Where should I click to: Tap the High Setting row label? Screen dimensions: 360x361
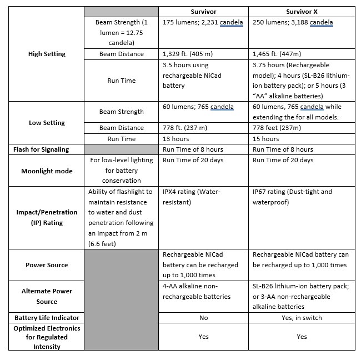click(x=47, y=54)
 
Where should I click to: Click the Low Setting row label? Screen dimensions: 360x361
click(x=47, y=123)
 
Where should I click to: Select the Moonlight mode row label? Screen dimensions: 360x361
click(x=47, y=171)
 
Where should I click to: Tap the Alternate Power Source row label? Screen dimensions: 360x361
click(x=47, y=296)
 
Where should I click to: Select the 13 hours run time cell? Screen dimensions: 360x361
click(x=176, y=139)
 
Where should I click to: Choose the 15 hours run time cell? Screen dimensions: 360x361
click(x=266, y=139)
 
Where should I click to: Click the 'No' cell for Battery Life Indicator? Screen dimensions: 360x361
click(x=203, y=318)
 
